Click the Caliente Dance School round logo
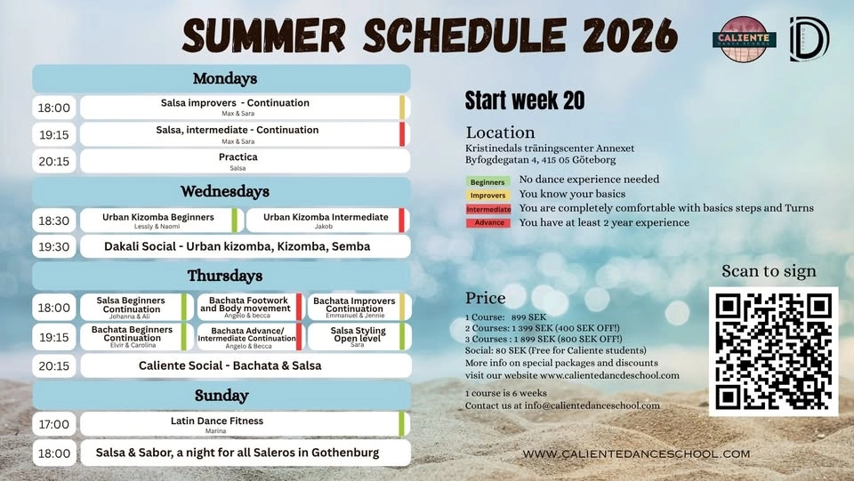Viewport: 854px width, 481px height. (x=744, y=39)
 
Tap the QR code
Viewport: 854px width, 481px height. (x=773, y=351)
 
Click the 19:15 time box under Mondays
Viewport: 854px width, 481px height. (x=53, y=134)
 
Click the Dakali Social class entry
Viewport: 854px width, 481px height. (x=237, y=246)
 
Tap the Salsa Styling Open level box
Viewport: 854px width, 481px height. (x=358, y=336)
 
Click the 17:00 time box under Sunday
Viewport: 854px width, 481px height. (x=53, y=424)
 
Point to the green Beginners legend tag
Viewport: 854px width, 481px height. (x=487, y=182)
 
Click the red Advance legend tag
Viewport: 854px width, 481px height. (x=488, y=223)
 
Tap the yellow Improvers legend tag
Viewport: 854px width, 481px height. (x=487, y=196)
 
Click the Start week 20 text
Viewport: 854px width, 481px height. (x=525, y=100)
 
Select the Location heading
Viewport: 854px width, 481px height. (x=500, y=132)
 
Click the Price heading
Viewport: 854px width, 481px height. (x=485, y=298)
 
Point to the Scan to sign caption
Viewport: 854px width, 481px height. (x=769, y=271)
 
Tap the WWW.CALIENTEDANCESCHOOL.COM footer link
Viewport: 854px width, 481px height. (x=636, y=453)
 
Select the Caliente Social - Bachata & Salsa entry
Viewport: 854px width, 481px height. (x=230, y=365)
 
